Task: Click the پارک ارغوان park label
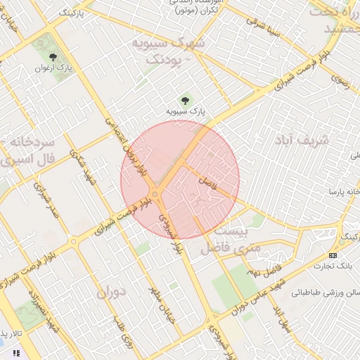click(x=53, y=68)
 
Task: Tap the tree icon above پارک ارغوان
click(x=54, y=57)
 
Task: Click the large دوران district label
click(x=110, y=291)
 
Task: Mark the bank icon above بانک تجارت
click(x=333, y=255)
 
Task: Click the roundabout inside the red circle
click(x=155, y=194)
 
